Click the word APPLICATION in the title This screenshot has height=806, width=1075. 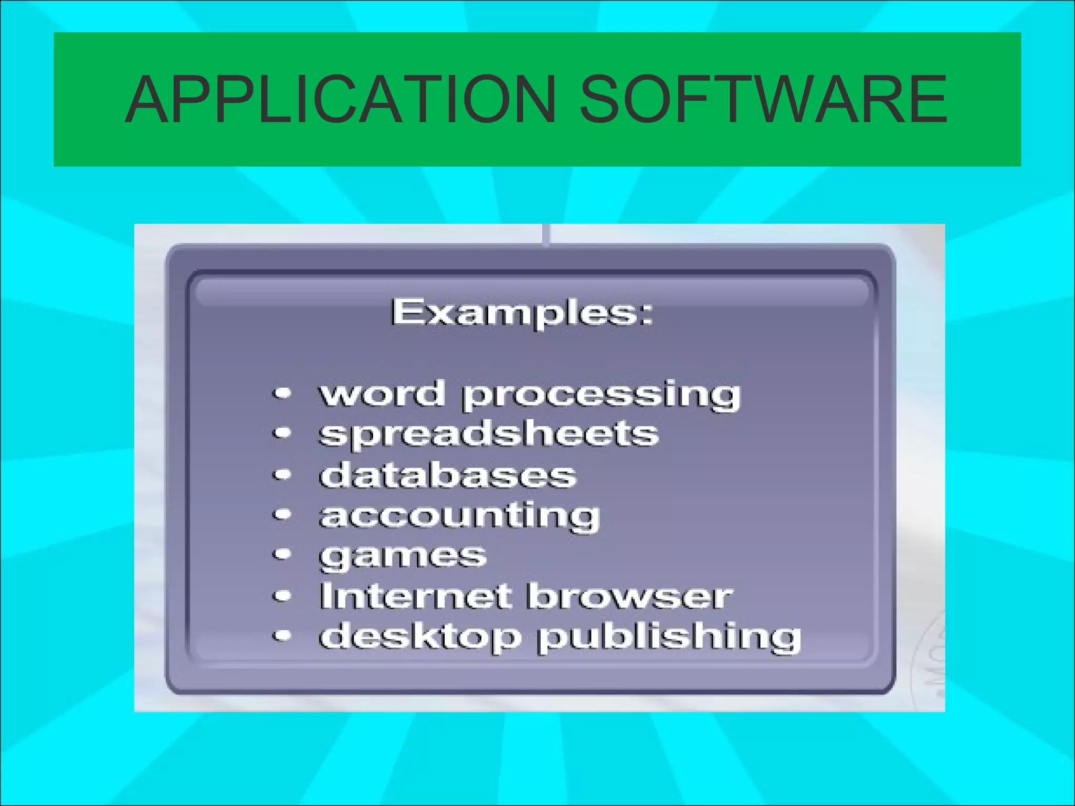point(341,99)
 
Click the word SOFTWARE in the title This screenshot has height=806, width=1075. point(763,99)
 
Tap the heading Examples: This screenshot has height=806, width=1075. point(522,313)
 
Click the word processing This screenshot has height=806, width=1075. point(601,397)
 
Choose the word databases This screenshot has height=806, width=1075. point(448,475)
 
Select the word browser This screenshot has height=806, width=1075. point(629,596)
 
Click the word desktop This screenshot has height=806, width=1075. point(420,637)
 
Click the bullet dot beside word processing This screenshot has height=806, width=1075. point(282,394)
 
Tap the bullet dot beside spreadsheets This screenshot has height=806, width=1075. point(282,434)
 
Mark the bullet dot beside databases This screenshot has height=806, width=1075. point(282,474)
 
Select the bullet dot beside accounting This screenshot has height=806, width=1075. point(282,515)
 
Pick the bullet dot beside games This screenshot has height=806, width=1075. point(282,554)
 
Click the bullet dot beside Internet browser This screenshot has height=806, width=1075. point(282,596)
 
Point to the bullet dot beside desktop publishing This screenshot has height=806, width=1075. point(282,636)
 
